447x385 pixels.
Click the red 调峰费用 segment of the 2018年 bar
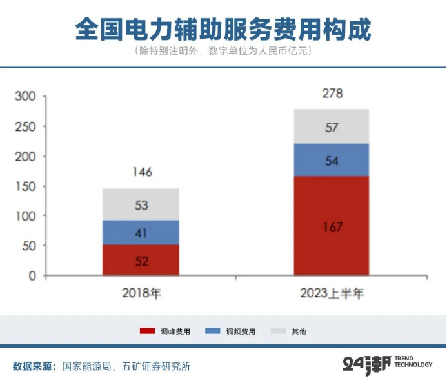coord(141,260)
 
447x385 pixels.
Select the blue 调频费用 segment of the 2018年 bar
coord(141,232)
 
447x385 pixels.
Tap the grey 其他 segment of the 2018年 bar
coord(141,204)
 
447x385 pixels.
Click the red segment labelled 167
coord(332,226)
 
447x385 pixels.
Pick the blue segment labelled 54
coord(332,160)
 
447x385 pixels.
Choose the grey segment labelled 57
coord(332,126)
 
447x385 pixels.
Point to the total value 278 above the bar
coord(332,94)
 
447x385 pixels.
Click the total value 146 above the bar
coord(141,172)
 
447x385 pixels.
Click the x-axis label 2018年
coord(141,294)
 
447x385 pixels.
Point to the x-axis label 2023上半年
coord(332,294)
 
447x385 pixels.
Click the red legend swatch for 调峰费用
coord(147,331)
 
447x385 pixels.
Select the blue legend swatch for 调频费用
coord(213,331)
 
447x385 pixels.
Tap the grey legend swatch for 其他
coord(279,331)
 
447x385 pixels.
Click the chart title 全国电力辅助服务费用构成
coord(223,29)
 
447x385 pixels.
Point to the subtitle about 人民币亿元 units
coord(223,51)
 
